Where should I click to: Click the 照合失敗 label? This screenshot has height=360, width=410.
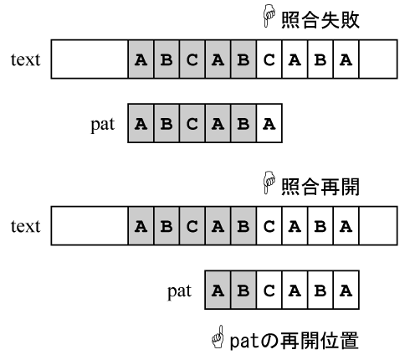click(x=320, y=20)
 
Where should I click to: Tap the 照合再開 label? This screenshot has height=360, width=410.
click(x=320, y=187)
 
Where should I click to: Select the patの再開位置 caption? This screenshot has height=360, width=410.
click(x=294, y=341)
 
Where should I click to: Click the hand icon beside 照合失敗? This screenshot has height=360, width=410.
click(x=269, y=16)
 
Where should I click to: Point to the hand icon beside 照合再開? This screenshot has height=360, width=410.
click(x=269, y=183)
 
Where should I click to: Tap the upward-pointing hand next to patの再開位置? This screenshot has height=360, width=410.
click(x=218, y=337)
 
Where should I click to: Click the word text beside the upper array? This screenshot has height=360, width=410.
click(x=26, y=59)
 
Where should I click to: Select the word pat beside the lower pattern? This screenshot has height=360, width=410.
click(x=179, y=291)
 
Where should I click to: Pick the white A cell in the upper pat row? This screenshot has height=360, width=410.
click(x=269, y=123)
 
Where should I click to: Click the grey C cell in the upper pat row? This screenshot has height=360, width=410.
click(x=192, y=123)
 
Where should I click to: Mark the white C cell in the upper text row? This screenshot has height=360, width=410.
click(x=269, y=59)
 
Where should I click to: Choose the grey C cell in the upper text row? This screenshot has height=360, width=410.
click(x=192, y=59)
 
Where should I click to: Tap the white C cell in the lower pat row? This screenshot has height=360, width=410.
click(x=269, y=290)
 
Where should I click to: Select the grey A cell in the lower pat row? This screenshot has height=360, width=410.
click(x=218, y=290)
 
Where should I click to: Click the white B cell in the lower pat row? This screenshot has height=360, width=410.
click(x=320, y=290)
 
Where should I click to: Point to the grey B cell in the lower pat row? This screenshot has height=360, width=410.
click(x=243, y=290)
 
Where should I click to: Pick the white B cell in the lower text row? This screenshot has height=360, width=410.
click(x=320, y=226)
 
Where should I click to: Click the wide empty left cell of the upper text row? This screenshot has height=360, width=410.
click(x=90, y=59)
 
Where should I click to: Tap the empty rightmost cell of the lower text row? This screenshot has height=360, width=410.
click(x=378, y=226)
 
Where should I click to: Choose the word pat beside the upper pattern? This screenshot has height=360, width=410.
click(x=103, y=125)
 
